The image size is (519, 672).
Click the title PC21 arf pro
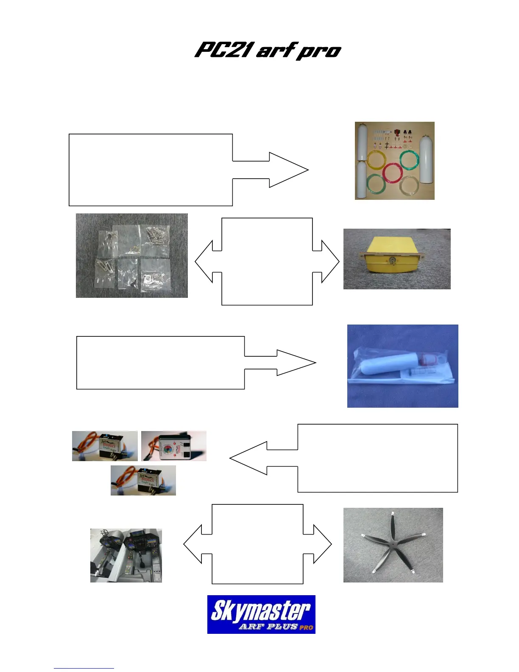click(268, 50)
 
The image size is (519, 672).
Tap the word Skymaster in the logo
click(260, 610)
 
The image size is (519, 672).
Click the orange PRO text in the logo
click(306, 627)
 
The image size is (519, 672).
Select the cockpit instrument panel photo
click(126, 555)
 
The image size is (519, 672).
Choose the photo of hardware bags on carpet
click(131, 255)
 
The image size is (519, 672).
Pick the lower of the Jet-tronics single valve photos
click(143, 480)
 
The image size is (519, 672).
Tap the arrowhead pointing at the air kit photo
click(293, 170)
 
